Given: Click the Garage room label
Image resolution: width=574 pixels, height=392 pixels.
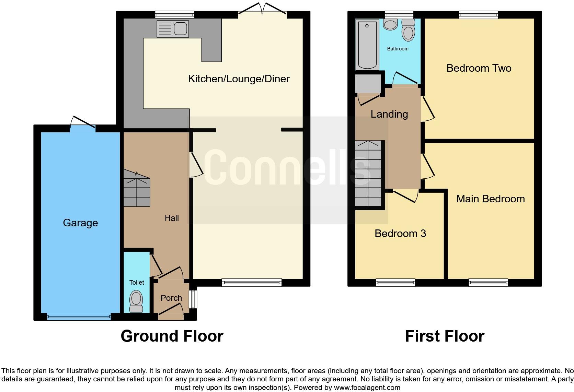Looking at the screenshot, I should [x=80, y=223].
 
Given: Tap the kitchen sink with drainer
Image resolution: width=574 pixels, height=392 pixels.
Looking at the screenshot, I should [x=172, y=28].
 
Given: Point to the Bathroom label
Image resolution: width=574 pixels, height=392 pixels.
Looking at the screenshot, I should [x=398, y=49].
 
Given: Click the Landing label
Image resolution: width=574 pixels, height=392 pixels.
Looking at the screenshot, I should [x=389, y=114].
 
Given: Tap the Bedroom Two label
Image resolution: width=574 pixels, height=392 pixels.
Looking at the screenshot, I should [x=479, y=68].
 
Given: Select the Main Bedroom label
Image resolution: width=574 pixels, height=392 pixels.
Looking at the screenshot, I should [x=490, y=199].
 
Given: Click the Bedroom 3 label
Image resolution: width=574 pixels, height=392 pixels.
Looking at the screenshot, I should [x=400, y=233].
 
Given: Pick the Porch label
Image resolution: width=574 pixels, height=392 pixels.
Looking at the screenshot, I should [x=171, y=298].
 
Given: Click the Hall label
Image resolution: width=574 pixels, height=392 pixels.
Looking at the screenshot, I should [x=172, y=218].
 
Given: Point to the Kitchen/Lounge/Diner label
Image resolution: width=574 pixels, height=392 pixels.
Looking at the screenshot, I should [x=239, y=79].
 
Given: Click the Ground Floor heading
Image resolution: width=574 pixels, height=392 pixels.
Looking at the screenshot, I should [x=172, y=336].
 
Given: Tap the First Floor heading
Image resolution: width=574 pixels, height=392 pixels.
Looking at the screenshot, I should [x=445, y=336].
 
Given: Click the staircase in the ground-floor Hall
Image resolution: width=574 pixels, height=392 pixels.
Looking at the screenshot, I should [x=137, y=192].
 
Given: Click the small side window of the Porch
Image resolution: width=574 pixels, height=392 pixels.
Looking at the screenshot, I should [x=194, y=299].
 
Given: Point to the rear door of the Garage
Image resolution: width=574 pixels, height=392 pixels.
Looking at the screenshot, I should [x=82, y=127].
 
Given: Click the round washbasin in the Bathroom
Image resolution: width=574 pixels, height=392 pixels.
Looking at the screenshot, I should [x=390, y=24].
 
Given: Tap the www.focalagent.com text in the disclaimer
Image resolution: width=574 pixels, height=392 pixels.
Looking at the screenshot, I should [x=367, y=388].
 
